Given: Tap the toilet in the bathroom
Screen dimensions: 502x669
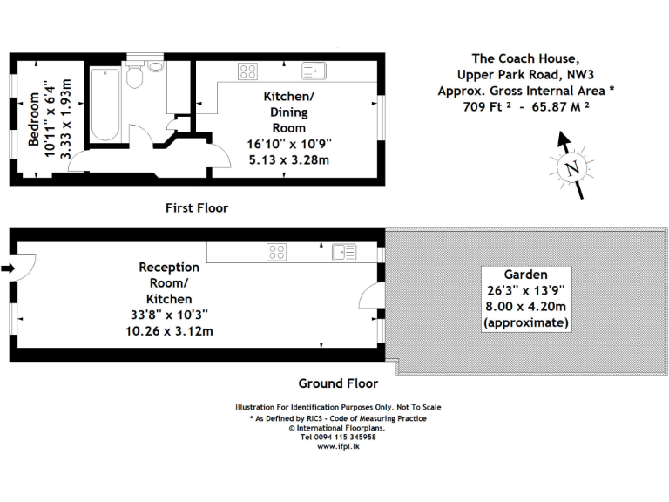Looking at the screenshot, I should [x=134, y=78].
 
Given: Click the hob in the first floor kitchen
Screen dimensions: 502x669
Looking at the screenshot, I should [x=247, y=71].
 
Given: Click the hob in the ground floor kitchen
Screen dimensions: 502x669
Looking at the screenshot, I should [x=278, y=253].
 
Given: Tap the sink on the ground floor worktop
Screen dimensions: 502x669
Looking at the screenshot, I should [x=343, y=253].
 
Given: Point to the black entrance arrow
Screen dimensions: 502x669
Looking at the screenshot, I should [x=7, y=269].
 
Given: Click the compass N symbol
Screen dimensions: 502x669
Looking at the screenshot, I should [x=571, y=169].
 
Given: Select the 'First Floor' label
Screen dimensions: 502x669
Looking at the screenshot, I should [x=197, y=208].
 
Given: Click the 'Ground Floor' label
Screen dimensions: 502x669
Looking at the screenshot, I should [x=338, y=383].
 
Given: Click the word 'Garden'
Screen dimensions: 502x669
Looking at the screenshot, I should [x=525, y=274].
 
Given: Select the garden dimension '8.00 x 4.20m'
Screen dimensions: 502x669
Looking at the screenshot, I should [x=525, y=307].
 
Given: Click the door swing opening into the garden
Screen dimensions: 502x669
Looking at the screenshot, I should [x=372, y=301].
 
